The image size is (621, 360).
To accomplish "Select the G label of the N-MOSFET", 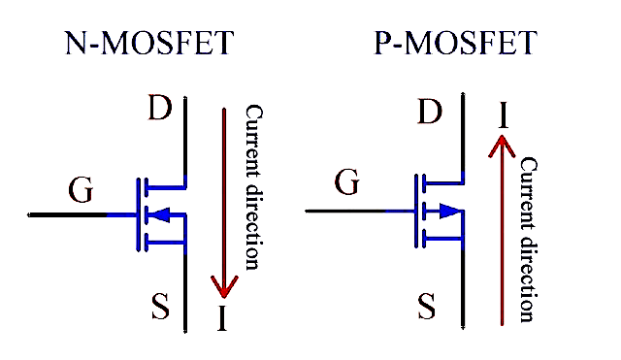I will point(82,190).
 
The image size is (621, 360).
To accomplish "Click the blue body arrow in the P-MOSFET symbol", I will point(448,211).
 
